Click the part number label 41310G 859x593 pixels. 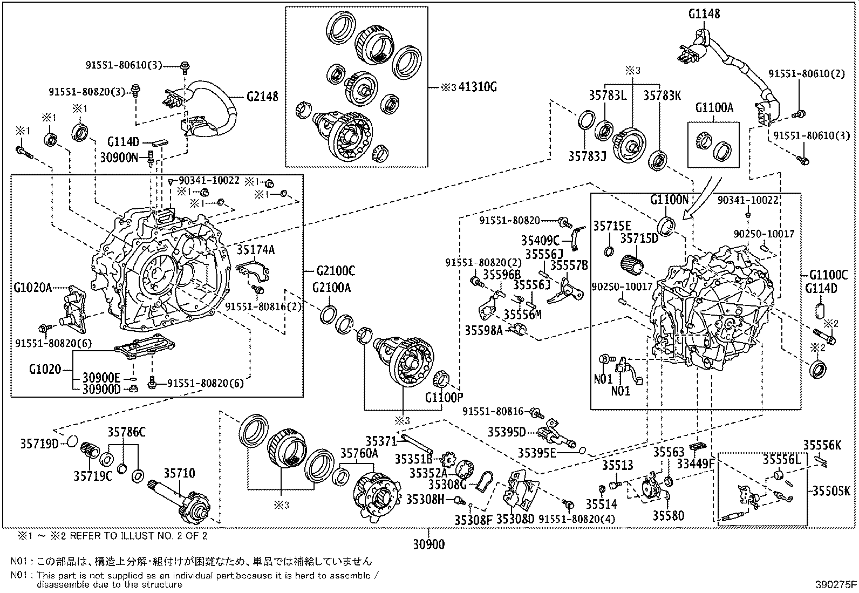click(477, 87)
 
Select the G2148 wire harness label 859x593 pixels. click(262, 97)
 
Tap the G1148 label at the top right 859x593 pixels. click(704, 14)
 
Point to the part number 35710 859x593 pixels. click(179, 473)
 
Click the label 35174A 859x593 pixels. click(256, 249)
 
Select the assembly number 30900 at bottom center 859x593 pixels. click(429, 544)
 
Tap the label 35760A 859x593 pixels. click(359, 453)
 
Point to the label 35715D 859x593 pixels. click(639, 238)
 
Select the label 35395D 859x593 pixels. click(506, 432)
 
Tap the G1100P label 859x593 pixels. click(444, 398)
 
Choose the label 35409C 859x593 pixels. click(540, 240)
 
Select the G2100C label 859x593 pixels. click(336, 271)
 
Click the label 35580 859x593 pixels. click(668, 516)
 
